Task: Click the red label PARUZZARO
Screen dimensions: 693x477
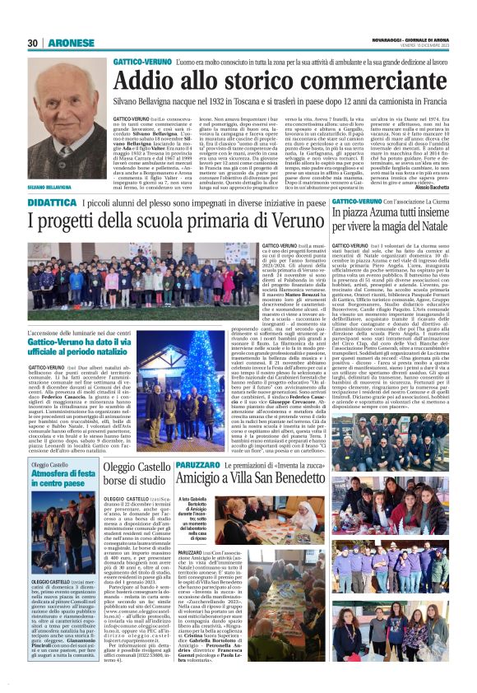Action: [x=197, y=464]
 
